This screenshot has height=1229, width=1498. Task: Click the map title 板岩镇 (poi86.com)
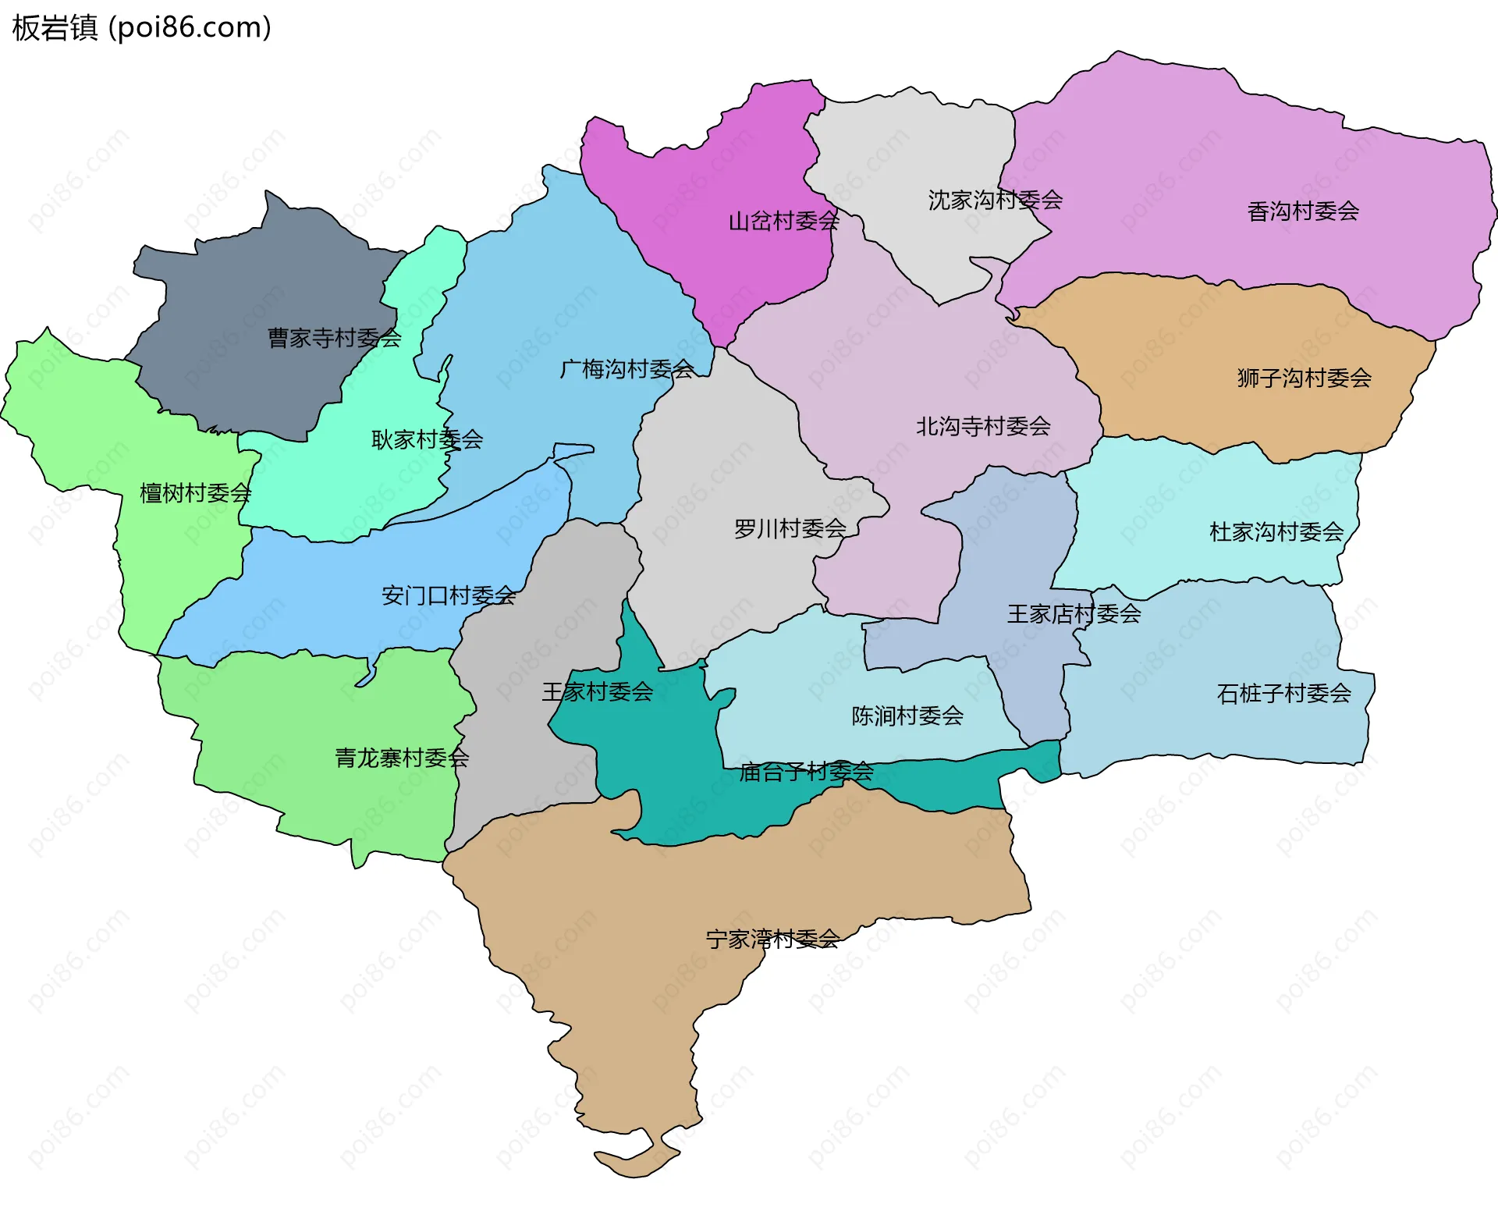pyautogui.click(x=141, y=28)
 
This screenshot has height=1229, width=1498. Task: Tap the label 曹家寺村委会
pyautogui.click(x=334, y=338)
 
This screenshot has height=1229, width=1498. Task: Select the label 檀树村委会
pyautogui.click(x=195, y=493)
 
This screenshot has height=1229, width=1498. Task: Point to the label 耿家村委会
pyautogui.click(x=427, y=440)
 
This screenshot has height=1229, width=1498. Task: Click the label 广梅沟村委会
pyautogui.click(x=627, y=369)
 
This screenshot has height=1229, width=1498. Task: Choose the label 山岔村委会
pyautogui.click(x=783, y=222)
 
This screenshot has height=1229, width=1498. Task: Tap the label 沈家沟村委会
pyautogui.click(x=995, y=201)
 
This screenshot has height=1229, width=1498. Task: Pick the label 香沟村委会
pyautogui.click(x=1303, y=211)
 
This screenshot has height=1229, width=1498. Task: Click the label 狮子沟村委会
pyautogui.click(x=1304, y=378)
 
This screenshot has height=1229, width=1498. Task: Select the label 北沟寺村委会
pyautogui.click(x=983, y=427)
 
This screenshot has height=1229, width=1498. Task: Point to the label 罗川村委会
pyautogui.click(x=790, y=529)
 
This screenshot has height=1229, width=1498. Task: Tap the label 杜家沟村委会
pyautogui.click(x=1276, y=532)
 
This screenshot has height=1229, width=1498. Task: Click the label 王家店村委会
pyautogui.click(x=1074, y=614)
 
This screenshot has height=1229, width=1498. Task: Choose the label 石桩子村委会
pyautogui.click(x=1283, y=694)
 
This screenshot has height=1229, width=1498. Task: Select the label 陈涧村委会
pyautogui.click(x=907, y=716)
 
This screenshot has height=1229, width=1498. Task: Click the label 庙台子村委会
pyautogui.click(x=806, y=773)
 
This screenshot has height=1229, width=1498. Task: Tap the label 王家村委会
pyautogui.click(x=598, y=692)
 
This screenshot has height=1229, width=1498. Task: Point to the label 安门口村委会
pyautogui.click(x=449, y=596)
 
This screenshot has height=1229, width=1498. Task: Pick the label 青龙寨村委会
pyautogui.click(x=402, y=758)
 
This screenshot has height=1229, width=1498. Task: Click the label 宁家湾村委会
pyautogui.click(x=772, y=940)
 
